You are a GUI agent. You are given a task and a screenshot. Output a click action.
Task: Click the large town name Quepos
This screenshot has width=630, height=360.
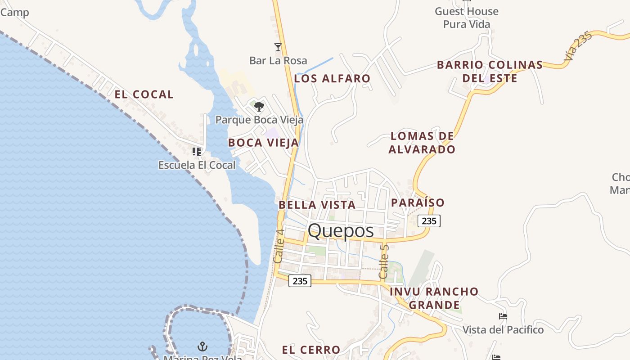coord(341,231)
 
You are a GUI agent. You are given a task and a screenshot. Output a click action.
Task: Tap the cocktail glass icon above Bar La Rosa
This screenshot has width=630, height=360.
coord(278,47)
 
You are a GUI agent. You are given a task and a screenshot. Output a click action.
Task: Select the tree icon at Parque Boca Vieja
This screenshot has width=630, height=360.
coord(259,107)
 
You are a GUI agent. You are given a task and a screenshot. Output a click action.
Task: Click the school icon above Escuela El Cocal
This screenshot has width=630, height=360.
coord(196,152)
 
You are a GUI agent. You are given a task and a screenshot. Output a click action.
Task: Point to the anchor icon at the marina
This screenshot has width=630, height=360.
coord(202,346)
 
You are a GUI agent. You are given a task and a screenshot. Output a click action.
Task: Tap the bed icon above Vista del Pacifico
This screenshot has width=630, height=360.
coord(503,316)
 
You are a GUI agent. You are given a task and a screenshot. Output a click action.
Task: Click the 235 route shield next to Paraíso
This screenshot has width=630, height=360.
coord(429,221)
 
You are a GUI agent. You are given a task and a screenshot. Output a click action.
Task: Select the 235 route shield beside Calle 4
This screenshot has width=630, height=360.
coord(300,281)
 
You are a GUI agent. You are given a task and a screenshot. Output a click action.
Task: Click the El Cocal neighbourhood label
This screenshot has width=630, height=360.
coord(144,94)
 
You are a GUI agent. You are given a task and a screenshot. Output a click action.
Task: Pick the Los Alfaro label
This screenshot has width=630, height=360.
coord(332,79)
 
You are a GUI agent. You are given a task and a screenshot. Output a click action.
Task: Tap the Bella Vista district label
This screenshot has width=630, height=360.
coord(317,205)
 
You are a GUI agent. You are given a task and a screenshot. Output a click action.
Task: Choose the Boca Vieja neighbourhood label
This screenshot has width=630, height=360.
coord(263,143)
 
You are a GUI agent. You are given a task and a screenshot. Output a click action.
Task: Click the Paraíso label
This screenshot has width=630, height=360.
coord(418,202)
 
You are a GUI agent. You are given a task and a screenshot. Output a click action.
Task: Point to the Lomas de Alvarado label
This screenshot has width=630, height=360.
coord(422,143)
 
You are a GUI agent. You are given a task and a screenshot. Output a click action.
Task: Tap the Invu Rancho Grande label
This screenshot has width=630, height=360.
coord(434,298)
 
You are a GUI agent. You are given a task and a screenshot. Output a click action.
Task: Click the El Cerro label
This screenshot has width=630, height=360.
coord(311,350)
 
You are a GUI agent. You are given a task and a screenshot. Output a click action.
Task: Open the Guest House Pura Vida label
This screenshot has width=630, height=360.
coord(467,18)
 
